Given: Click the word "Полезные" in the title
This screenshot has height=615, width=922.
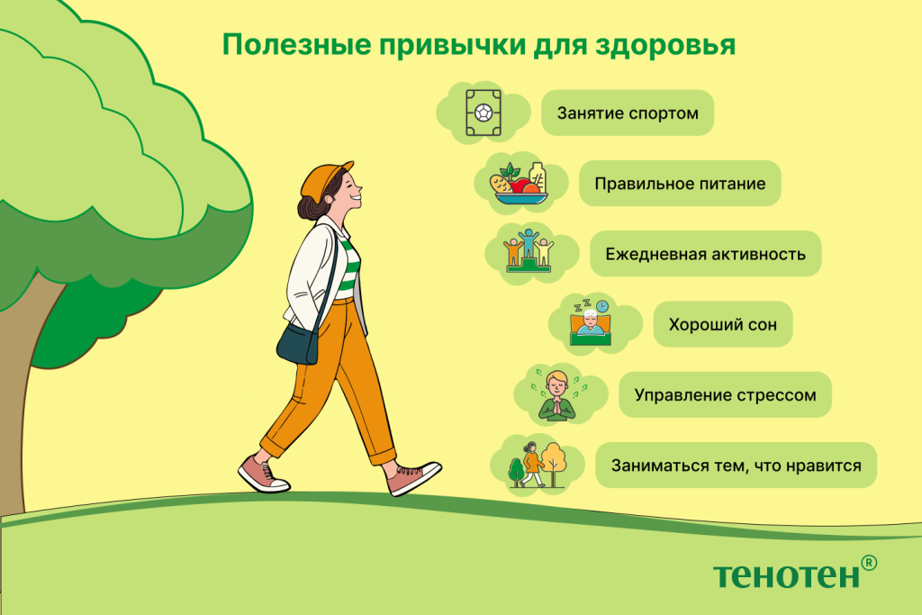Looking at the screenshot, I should [274, 45].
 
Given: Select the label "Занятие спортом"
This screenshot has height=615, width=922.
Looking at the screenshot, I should [627, 114].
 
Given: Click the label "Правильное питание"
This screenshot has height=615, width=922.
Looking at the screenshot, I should [679, 184].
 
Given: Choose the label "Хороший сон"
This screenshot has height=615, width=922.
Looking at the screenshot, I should [717, 324].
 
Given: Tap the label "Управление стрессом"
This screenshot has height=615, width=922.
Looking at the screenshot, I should [724, 394].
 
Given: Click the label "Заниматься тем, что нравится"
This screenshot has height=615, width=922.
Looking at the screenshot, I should [736, 466].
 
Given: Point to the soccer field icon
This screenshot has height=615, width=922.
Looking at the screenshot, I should [484, 113].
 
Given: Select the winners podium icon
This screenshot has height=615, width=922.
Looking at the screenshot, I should [528, 251].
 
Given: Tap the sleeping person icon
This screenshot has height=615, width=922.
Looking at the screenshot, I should [589, 322].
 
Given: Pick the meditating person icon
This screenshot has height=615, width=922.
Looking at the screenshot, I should [556, 394].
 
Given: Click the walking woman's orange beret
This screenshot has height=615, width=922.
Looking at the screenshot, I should [324, 179].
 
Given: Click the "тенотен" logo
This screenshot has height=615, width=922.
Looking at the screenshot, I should [785, 574].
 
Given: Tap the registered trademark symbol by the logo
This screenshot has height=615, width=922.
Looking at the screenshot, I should [868, 562].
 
